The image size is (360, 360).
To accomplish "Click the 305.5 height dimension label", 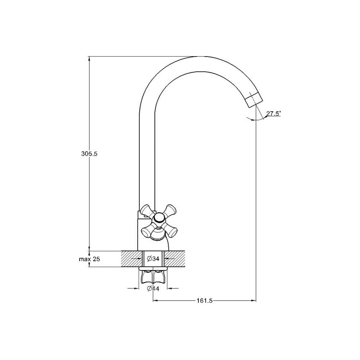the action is [x=89, y=154].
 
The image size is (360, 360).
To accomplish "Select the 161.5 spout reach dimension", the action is [x=204, y=301].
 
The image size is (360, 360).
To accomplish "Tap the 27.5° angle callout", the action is [x=274, y=113].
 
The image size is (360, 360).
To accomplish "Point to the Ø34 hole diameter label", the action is [x=153, y=259].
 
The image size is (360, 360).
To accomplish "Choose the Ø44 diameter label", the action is [x=153, y=289].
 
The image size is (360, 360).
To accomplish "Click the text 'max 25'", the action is [x=90, y=259].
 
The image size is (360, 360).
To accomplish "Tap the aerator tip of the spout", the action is [x=254, y=100].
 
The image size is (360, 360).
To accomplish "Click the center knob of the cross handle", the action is [x=159, y=218].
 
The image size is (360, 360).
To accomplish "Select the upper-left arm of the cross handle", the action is [x=147, y=211].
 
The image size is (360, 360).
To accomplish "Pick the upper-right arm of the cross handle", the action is [x=170, y=210].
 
